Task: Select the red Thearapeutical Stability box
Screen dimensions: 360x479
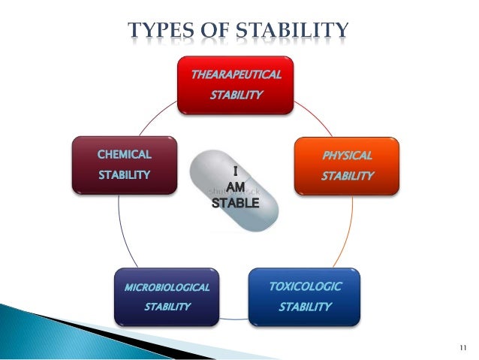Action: click(x=235, y=85)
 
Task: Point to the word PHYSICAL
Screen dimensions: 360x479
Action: click(x=347, y=156)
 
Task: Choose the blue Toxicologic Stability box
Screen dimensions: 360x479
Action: click(x=304, y=296)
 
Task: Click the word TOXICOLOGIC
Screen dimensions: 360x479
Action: click(x=305, y=286)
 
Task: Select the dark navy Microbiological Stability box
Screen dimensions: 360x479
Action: click(x=167, y=296)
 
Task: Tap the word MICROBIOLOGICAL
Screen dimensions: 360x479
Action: click(x=167, y=287)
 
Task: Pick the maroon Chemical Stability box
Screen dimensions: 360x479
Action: click(x=124, y=165)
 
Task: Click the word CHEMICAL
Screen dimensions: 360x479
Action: click(x=124, y=155)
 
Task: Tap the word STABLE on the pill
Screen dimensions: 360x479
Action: click(x=233, y=203)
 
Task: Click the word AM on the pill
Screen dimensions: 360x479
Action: click(x=234, y=188)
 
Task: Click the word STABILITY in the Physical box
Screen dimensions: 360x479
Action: click(x=347, y=176)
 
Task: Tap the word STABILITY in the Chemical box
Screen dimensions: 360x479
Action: click(x=124, y=175)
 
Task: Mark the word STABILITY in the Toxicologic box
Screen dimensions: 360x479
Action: click(x=305, y=307)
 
